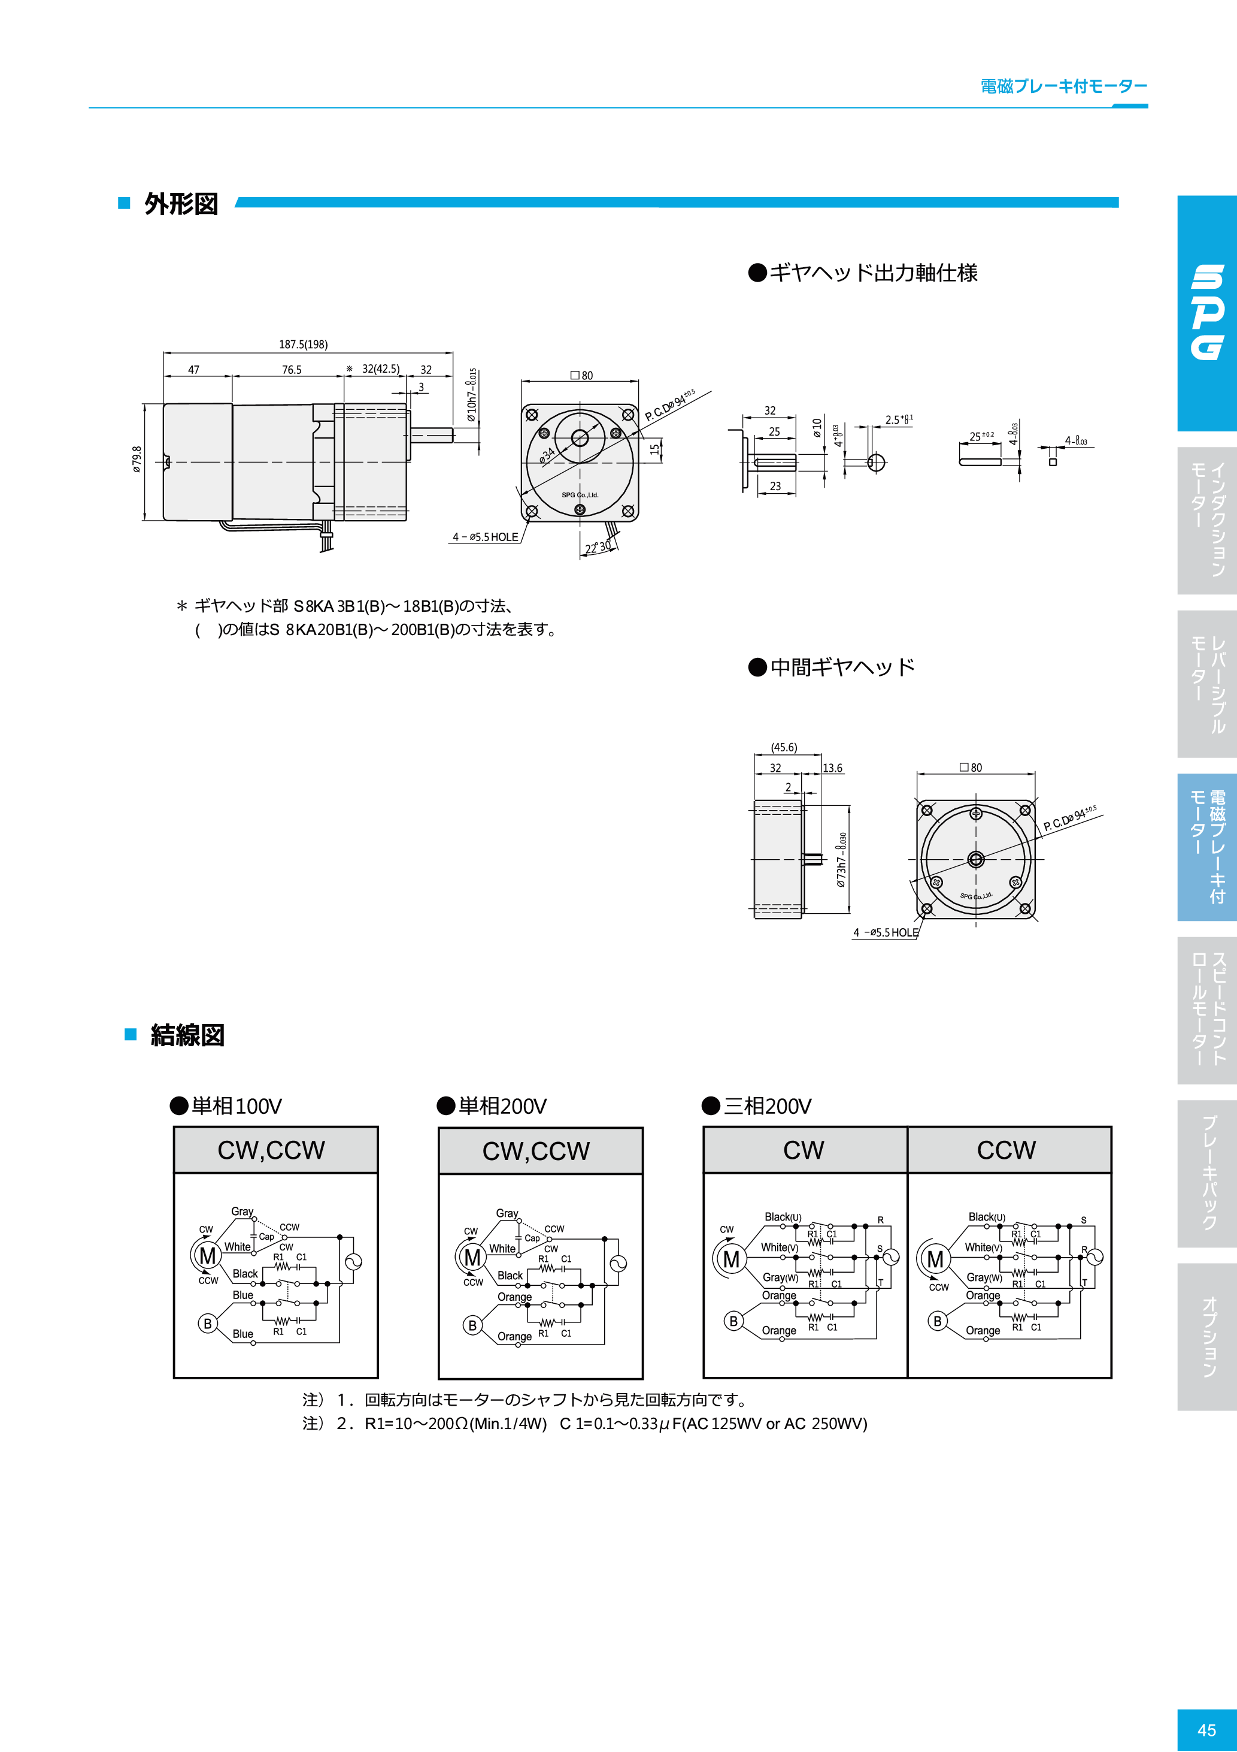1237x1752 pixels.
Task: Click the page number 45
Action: click(x=1206, y=1730)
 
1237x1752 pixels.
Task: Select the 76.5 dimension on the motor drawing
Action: click(x=292, y=369)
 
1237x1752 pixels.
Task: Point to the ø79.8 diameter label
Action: click(x=137, y=460)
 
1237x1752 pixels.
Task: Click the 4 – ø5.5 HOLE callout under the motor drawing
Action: click(x=485, y=537)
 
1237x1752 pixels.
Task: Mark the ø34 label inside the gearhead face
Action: click(x=547, y=457)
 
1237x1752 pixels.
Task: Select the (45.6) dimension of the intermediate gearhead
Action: click(x=783, y=747)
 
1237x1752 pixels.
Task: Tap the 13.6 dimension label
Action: click(x=832, y=768)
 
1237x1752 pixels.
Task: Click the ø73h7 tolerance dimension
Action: click(x=841, y=859)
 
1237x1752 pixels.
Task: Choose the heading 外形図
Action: click(x=181, y=204)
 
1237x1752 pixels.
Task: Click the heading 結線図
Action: click(x=187, y=1035)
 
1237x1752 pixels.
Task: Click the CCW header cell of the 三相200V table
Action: click(x=1006, y=1150)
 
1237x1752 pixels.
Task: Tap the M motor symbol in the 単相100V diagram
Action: click(x=207, y=1255)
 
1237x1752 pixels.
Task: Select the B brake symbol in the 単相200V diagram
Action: click(x=472, y=1325)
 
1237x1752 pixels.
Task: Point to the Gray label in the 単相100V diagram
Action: click(x=242, y=1211)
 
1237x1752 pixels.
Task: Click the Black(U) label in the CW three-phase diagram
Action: click(x=783, y=1216)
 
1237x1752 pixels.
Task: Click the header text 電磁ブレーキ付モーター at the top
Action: click(x=1063, y=86)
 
